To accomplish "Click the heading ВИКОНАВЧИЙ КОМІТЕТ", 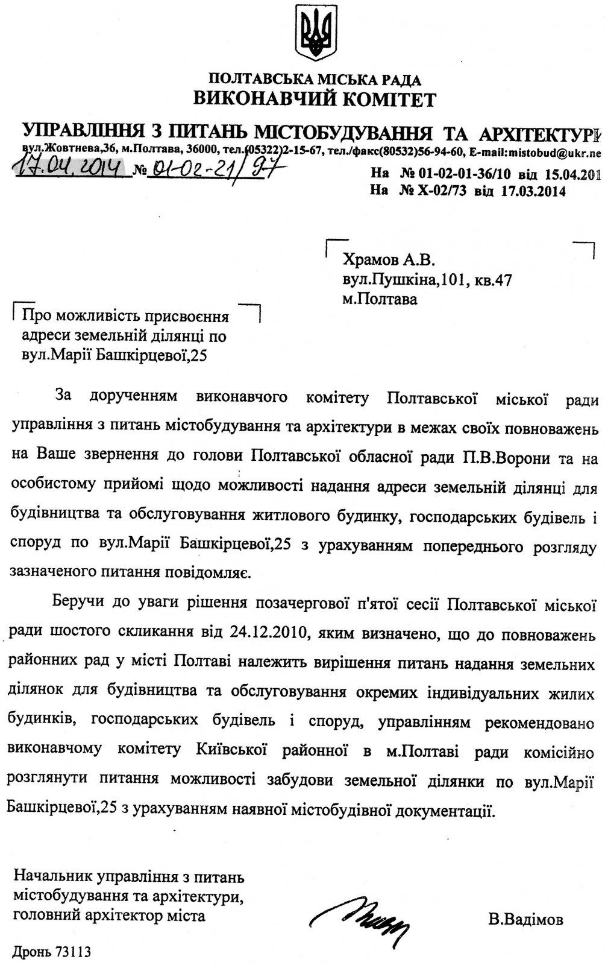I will tap(314, 98).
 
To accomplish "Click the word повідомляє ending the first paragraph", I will tap(199, 571).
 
